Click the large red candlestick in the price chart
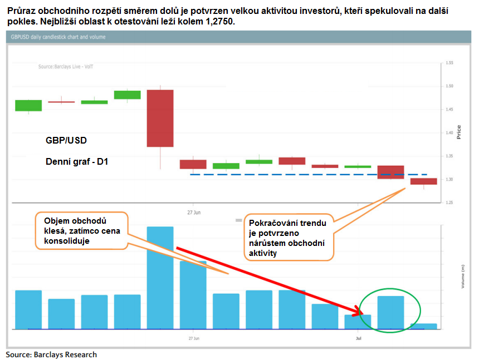coord(160,118)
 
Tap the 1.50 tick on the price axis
coord(449,86)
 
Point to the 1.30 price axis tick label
coord(449,180)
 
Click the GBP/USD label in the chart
coord(66,141)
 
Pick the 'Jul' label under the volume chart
coord(358,337)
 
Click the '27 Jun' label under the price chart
coord(193,212)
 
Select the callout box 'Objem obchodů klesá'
coord(81,230)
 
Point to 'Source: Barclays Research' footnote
coord(51,354)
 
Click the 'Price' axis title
coord(459,131)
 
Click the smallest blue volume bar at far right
coord(423,326)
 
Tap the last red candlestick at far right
coord(423,181)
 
